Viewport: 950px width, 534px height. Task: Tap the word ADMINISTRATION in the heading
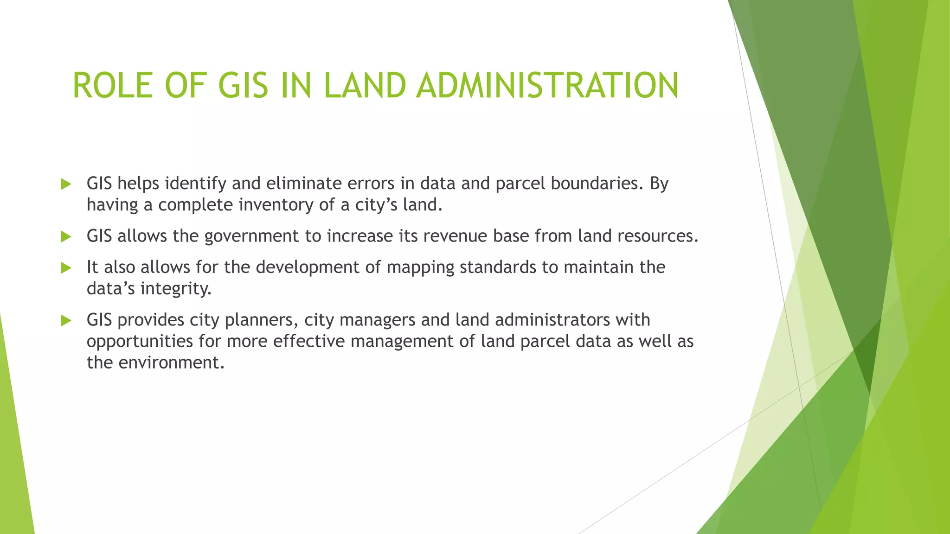(547, 86)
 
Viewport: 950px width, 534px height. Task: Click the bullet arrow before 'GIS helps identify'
(66, 184)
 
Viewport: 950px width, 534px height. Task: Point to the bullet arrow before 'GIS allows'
(66, 237)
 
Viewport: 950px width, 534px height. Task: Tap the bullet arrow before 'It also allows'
(66, 268)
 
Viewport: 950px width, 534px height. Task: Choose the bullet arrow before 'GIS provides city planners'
(66, 320)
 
